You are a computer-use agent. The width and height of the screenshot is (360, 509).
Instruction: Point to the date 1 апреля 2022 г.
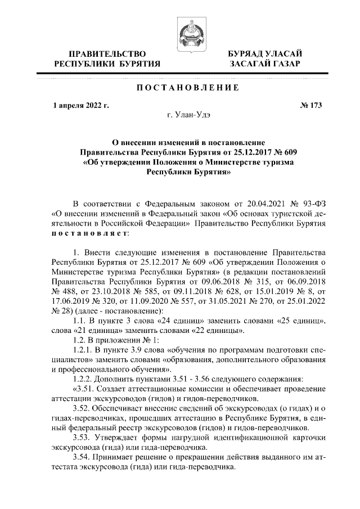tap(80, 105)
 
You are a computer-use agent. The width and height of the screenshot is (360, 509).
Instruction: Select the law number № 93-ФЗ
tap(305, 202)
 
